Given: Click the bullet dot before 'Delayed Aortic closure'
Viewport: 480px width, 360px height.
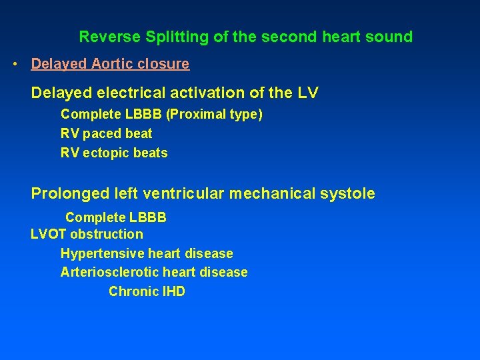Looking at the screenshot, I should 15,65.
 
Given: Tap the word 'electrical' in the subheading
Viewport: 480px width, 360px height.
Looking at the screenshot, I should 123,93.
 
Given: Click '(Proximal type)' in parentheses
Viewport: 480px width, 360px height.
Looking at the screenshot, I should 215,115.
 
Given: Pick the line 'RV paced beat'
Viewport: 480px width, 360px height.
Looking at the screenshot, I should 106,133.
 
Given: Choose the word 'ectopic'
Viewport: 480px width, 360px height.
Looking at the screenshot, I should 105,153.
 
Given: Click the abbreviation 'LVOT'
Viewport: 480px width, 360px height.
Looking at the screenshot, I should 49,234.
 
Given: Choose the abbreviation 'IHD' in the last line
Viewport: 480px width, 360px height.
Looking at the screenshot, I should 173,291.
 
